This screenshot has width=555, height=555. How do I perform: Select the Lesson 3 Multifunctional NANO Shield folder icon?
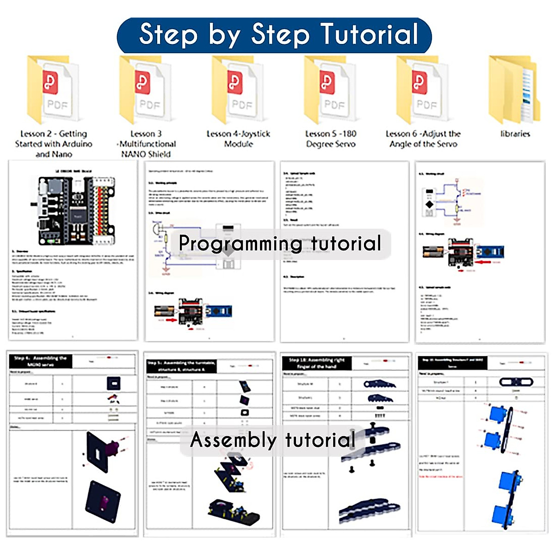pyautogui.click(x=145, y=90)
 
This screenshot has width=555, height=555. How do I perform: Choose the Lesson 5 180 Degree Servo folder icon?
pyautogui.click(x=330, y=90)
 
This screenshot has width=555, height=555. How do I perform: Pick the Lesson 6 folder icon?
pyautogui.click(x=422, y=90)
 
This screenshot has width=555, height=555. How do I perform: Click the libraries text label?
pyautogui.click(x=515, y=134)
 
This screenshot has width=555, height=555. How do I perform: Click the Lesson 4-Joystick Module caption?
pyautogui.click(x=238, y=139)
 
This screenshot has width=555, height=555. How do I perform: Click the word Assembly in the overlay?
pyautogui.click(x=234, y=440)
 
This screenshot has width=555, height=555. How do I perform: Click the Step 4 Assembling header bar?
pyautogui.click(x=41, y=361)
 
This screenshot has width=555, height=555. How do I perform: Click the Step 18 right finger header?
pyautogui.click(x=317, y=363)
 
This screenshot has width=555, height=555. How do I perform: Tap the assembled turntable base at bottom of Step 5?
pyautogui.click(x=234, y=511)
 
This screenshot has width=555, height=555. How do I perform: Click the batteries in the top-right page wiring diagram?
pyautogui.click(x=433, y=252)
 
